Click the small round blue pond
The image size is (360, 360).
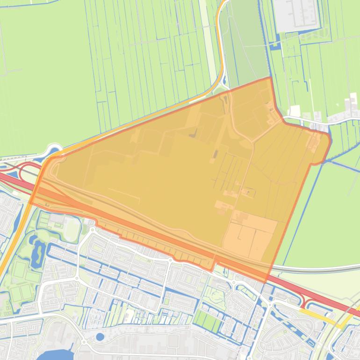(x=100, y=336)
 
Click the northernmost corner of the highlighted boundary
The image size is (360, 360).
(x=270, y=78)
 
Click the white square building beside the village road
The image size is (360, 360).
(x=295, y=111)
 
